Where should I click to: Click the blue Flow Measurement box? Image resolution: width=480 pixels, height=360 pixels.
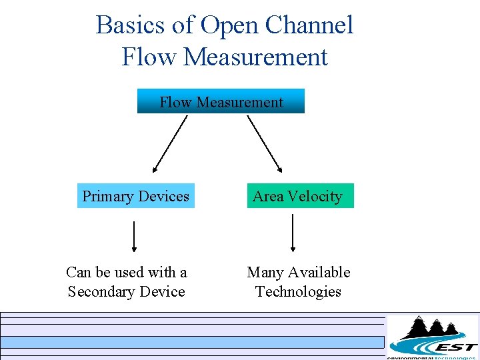pyautogui.click(x=221, y=101)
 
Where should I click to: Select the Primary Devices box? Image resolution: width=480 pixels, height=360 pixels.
pyautogui.click(x=136, y=196)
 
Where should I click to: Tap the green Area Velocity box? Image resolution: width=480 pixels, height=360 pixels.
pyautogui.click(x=300, y=196)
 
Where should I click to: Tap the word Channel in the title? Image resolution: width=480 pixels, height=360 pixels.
pyautogui.click(x=309, y=25)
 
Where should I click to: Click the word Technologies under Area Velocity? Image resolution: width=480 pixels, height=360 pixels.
pyautogui.click(x=298, y=292)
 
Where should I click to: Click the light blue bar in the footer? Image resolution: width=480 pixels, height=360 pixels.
pyautogui.click(x=193, y=342)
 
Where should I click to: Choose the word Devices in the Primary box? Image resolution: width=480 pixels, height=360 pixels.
pyautogui.click(x=163, y=196)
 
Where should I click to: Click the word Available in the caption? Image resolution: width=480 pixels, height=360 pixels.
pyautogui.click(x=319, y=272)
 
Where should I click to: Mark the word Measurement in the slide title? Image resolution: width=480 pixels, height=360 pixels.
pyautogui.click(x=255, y=57)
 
